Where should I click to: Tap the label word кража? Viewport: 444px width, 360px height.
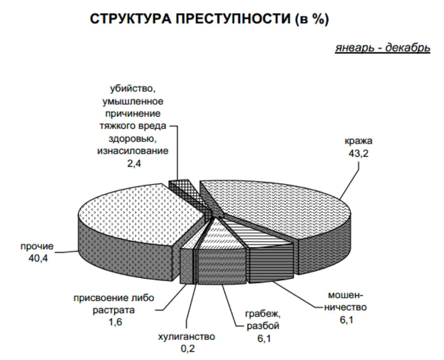358,142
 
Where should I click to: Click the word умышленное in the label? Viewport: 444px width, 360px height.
134,101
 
